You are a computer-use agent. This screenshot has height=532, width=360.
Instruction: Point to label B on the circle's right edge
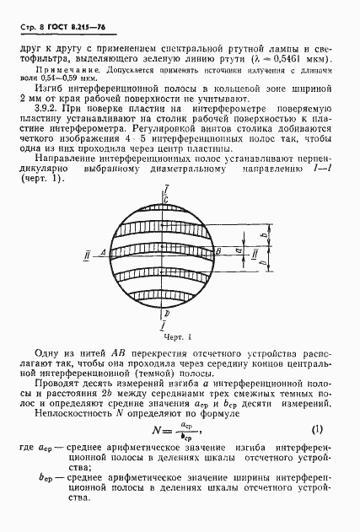pos(217,251)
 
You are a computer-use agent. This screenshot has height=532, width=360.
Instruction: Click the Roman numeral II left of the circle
pos(88,252)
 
